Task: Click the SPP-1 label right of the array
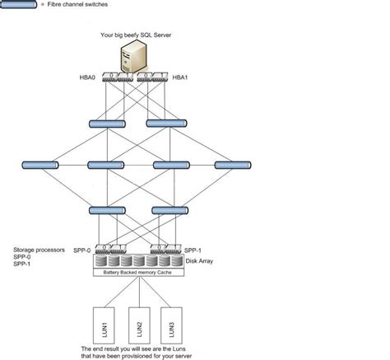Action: tap(192, 250)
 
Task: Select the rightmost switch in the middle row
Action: tap(231, 166)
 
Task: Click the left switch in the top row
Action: tap(106, 124)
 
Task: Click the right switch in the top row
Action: tap(164, 124)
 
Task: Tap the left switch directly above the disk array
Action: tap(106, 210)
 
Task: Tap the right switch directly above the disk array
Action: tap(169, 210)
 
